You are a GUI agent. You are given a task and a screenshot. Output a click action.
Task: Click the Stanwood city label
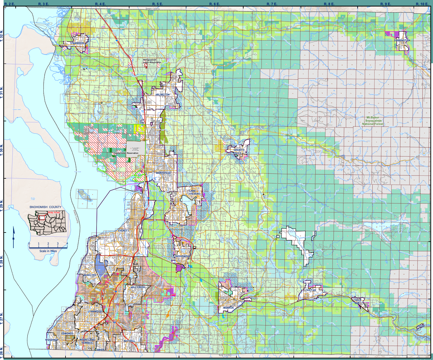[77, 43]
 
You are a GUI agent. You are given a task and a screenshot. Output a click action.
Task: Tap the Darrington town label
[402, 40]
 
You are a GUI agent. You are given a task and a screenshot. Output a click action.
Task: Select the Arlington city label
[162, 95]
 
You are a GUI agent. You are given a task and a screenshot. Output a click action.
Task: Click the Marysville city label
[163, 173]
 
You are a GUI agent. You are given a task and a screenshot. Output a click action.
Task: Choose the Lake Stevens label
[194, 192]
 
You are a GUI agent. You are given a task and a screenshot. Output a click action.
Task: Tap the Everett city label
[124, 231]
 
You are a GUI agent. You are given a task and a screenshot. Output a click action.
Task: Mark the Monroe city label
[229, 307]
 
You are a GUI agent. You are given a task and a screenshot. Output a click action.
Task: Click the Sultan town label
[311, 290]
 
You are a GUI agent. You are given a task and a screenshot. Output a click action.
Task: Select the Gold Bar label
[357, 301]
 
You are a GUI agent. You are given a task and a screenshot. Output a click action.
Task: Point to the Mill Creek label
[138, 287]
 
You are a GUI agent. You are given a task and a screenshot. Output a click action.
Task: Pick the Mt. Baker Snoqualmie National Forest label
[373, 121]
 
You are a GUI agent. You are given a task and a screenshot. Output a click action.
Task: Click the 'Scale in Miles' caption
[48, 251]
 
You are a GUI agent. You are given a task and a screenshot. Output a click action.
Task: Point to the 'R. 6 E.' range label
[215, 4]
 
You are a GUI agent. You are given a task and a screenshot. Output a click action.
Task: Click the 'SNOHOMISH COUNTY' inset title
[45, 207]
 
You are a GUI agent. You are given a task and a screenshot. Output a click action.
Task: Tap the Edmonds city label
[67, 334]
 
